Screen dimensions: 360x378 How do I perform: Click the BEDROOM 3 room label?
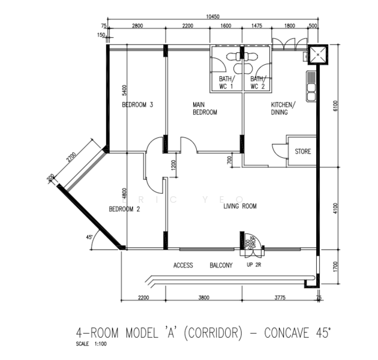(x=138, y=105)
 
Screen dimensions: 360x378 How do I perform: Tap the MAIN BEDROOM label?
(x=205, y=109)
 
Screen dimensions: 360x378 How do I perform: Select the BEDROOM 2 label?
(x=124, y=209)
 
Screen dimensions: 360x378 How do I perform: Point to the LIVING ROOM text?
(x=240, y=206)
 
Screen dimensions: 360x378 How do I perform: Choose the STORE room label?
(x=302, y=152)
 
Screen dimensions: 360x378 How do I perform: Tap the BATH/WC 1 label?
(x=226, y=83)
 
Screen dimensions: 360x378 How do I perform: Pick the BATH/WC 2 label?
(x=257, y=83)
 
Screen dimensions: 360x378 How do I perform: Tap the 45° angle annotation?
(x=90, y=238)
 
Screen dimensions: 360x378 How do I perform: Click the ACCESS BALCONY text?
(x=202, y=265)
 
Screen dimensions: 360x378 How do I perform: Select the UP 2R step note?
(x=254, y=265)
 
